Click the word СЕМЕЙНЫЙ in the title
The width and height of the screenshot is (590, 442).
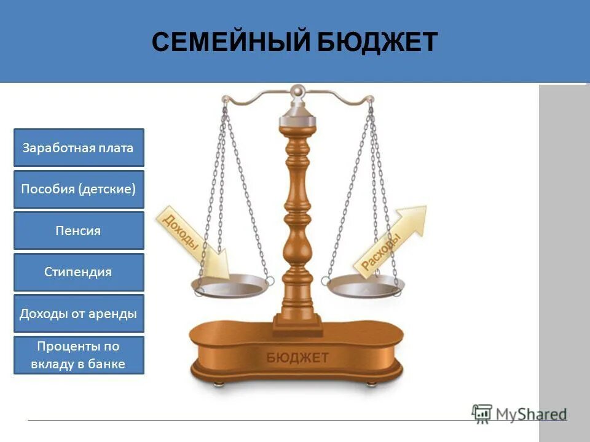tap(232, 42)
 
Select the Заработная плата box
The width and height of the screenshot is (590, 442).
tap(79, 147)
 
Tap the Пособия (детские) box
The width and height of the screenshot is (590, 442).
tap(79, 189)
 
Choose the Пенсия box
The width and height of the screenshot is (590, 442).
tap(79, 231)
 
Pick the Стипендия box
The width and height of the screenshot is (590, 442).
tap(79, 272)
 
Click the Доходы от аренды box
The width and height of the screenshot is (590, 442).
tap(79, 313)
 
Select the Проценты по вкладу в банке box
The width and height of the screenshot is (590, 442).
tap(79, 355)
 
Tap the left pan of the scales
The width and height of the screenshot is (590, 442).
tap(232, 286)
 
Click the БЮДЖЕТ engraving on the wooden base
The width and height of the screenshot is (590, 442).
tap(297, 357)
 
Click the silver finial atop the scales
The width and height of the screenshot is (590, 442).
tap(298, 92)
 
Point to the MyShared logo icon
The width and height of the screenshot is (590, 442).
tap(482, 413)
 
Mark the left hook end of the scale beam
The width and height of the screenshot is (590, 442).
tap(225, 99)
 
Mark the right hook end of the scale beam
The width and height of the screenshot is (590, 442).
tap(370, 99)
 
